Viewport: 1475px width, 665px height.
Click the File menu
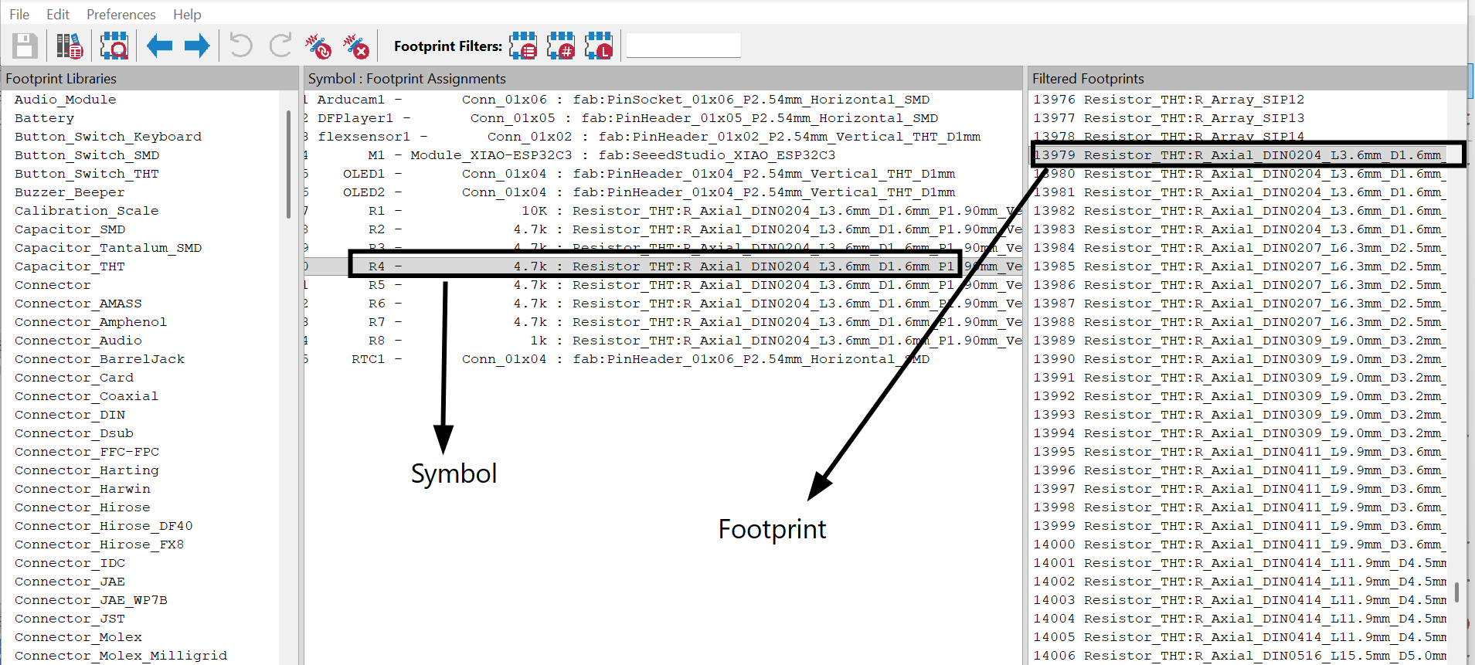(x=19, y=14)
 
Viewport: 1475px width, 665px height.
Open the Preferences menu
(x=121, y=14)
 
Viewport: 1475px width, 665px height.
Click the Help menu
(x=187, y=14)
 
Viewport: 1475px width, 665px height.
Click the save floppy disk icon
(x=25, y=46)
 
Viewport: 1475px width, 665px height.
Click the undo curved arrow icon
(x=241, y=46)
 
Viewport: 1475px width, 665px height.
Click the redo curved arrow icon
(x=280, y=46)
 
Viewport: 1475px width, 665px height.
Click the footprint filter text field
(x=683, y=46)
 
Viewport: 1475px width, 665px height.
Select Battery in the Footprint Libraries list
(x=44, y=118)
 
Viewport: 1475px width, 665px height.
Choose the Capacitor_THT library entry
(x=70, y=266)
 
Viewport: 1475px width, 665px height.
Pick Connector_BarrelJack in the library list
(x=100, y=359)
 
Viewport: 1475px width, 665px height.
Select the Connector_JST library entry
(x=70, y=619)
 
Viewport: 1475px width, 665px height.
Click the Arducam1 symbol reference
(x=351, y=100)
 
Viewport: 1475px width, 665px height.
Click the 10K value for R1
(x=534, y=211)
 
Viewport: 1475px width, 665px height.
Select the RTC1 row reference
(x=368, y=359)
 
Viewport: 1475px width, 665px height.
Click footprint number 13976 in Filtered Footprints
(x=1054, y=100)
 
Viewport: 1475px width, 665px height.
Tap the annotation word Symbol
(x=454, y=473)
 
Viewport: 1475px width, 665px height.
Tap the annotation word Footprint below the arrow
(x=772, y=529)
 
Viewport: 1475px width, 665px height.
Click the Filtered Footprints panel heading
(x=1088, y=79)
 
